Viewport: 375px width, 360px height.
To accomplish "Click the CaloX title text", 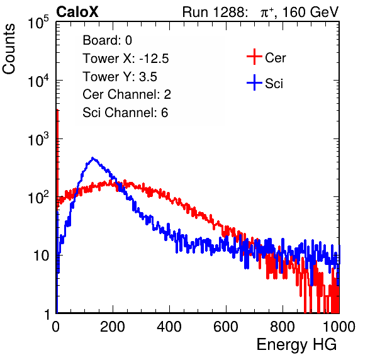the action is tap(77, 12).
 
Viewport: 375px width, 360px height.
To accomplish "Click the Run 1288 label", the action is tap(213, 12).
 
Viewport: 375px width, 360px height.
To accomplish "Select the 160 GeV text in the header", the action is tap(310, 12).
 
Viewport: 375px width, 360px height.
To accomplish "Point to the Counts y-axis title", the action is tap(9, 49).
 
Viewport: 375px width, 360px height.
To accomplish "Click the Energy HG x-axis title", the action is tap(296, 345).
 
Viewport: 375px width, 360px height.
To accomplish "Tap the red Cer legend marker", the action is tap(254, 57).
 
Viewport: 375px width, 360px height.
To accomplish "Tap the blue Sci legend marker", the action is tap(254, 82).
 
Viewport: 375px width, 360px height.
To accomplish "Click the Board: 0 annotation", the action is tap(108, 40).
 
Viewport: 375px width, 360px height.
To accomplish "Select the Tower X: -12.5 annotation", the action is tap(126, 59).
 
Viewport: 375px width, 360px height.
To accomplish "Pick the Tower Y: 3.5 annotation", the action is tap(120, 77).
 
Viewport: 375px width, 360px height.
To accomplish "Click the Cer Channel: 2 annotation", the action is tap(126, 94).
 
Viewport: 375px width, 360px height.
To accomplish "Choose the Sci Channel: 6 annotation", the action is tap(125, 113).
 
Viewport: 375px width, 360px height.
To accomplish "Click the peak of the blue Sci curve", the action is tap(92, 158).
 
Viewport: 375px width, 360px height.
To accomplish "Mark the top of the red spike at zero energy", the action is tap(57, 110).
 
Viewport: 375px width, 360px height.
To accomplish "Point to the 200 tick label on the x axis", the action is tap(113, 327).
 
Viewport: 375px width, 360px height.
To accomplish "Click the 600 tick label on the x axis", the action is tap(226, 327).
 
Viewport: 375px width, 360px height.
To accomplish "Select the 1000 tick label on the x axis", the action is tap(339, 327).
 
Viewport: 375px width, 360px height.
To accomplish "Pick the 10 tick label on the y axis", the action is tap(42, 256).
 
